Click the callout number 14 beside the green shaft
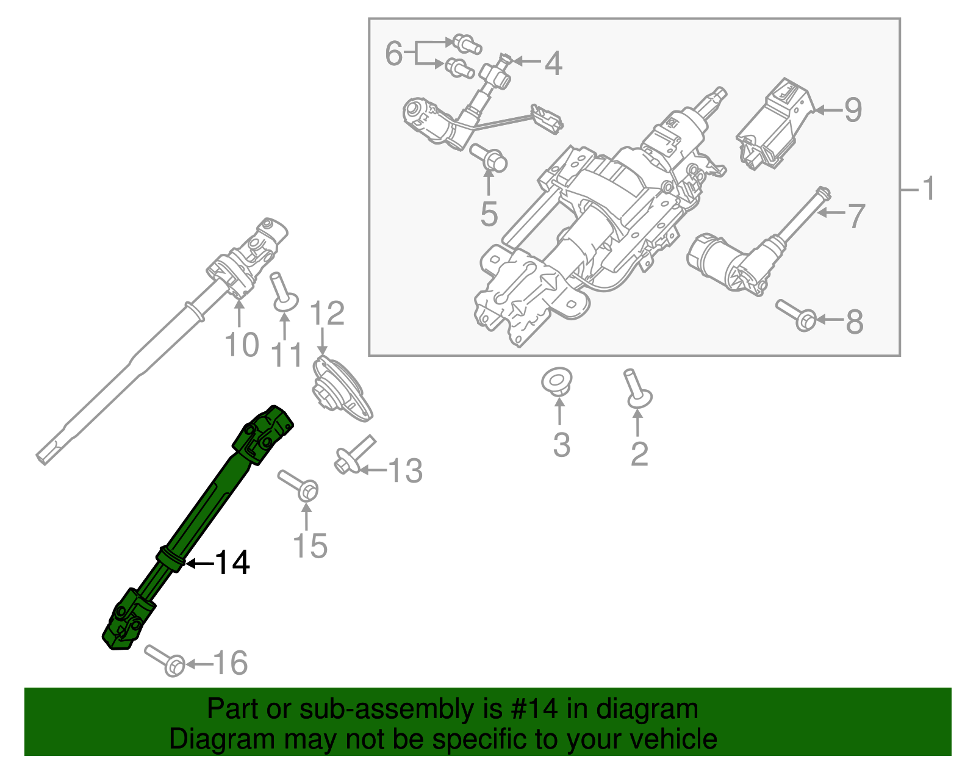(x=232, y=563)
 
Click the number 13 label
(x=405, y=471)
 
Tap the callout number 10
(x=242, y=345)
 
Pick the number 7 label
(x=856, y=215)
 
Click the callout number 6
(x=394, y=54)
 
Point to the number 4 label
(x=553, y=63)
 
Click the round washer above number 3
(x=557, y=381)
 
